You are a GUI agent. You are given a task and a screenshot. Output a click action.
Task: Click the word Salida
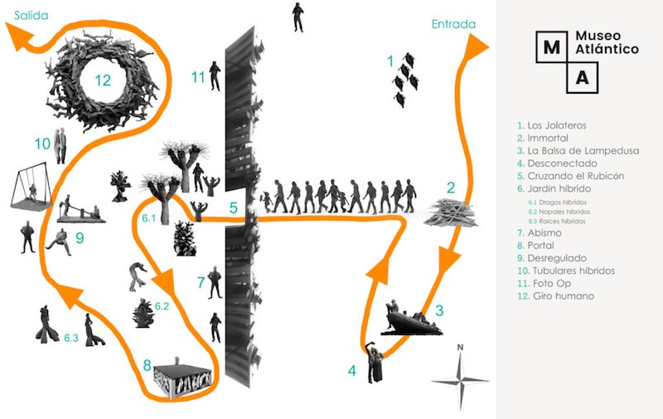31,16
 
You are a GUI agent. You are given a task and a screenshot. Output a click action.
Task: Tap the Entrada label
453,24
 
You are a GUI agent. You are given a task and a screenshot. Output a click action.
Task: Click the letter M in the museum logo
551,47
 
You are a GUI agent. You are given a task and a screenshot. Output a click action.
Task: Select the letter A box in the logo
583,78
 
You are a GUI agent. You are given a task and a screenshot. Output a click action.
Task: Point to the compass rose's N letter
460,348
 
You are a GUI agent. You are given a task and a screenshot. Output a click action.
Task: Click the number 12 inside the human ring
103,80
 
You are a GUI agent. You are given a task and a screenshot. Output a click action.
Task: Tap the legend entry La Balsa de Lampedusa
583,151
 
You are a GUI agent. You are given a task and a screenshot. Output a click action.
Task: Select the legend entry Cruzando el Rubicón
575,176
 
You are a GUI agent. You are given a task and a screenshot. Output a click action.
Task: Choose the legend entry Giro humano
564,296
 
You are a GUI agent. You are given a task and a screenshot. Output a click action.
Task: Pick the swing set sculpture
31,186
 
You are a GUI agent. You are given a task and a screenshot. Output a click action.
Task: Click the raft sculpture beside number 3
411,319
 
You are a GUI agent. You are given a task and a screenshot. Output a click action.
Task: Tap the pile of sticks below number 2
451,213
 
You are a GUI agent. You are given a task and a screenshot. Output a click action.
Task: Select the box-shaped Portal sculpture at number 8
182,378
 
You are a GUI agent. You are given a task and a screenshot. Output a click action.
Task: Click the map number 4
351,371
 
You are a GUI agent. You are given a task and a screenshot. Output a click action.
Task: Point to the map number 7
201,282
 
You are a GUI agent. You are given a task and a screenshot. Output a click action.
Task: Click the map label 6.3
71,338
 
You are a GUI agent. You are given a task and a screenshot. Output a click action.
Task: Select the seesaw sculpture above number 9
80,210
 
